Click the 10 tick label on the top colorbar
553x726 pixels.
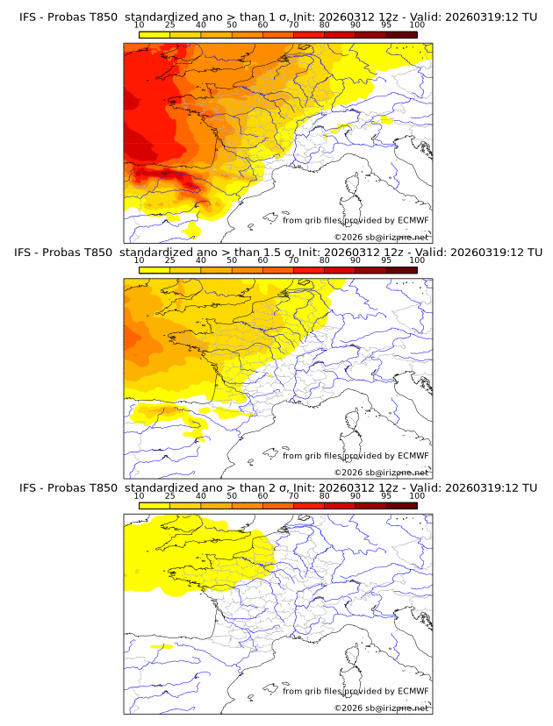(140, 25)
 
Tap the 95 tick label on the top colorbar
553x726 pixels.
(386, 25)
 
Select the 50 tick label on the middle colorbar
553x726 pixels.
(232, 260)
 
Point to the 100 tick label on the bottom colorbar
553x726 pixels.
(417, 495)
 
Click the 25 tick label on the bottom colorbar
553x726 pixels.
(170, 495)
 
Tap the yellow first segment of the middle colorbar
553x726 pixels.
(154, 270)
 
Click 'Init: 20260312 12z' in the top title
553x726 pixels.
(345, 17)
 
